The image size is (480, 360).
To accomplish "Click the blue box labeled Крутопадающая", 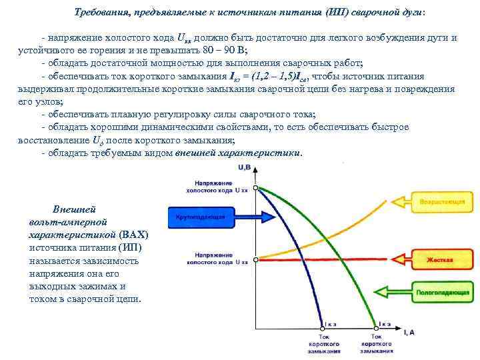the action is (x=200, y=217).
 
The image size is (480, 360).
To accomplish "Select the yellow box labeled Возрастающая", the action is (x=441, y=201).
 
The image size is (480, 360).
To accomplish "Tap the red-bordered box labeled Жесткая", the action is (x=442, y=259).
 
